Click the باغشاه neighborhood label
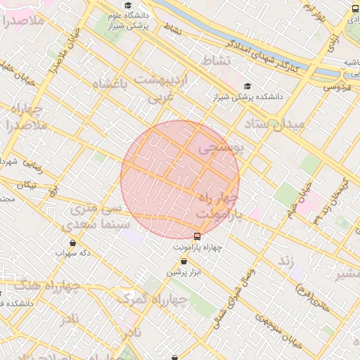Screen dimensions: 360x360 pyautogui.click(x=112, y=84)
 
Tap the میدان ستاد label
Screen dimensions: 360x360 pyautogui.click(x=275, y=124)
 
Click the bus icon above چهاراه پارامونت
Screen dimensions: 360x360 pyautogui.click(x=197, y=236)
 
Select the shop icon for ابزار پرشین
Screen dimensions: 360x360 pyautogui.click(x=184, y=261)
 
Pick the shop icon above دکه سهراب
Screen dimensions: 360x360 pyautogui.click(x=73, y=243)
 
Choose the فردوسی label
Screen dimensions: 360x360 pyautogui.click(x=337, y=88)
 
